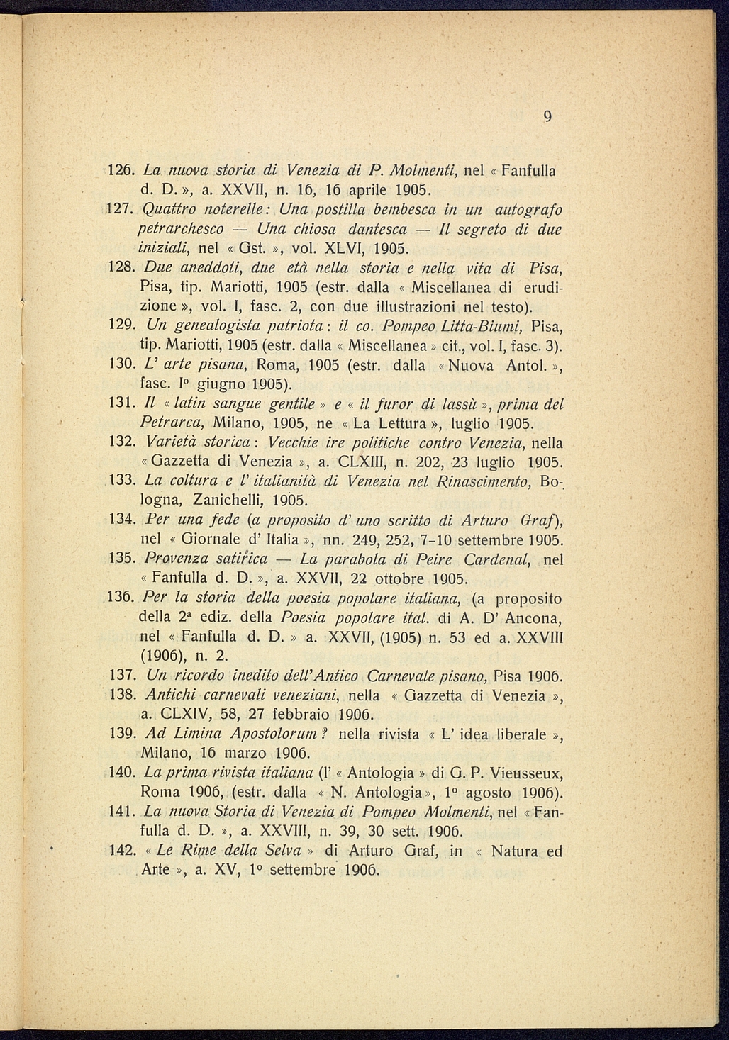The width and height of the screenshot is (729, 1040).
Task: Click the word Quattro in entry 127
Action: click(167, 211)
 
